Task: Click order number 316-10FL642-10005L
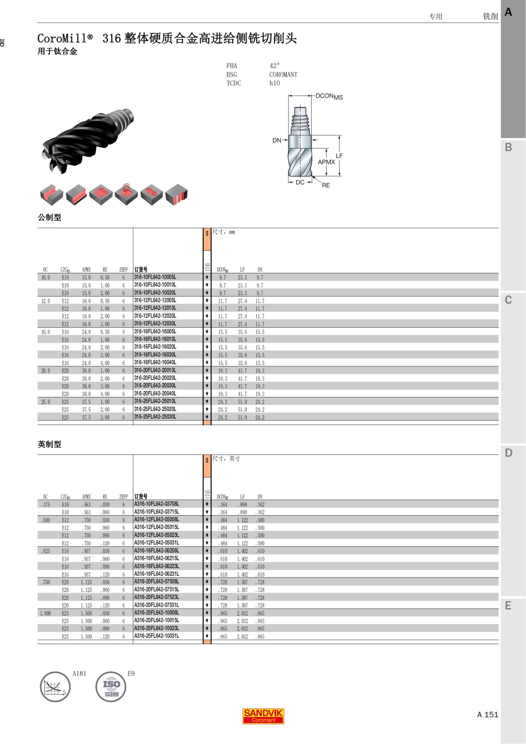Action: click(155, 277)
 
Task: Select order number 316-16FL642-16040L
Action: click(155, 362)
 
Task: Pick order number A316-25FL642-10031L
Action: click(156, 636)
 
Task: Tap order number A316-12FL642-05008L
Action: click(156, 519)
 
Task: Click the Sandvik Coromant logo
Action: click(263, 716)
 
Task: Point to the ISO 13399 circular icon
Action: click(110, 687)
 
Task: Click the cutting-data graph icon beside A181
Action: click(55, 687)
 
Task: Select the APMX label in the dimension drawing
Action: click(326, 162)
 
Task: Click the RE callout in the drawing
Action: click(326, 185)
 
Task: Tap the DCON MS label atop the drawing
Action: click(329, 97)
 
